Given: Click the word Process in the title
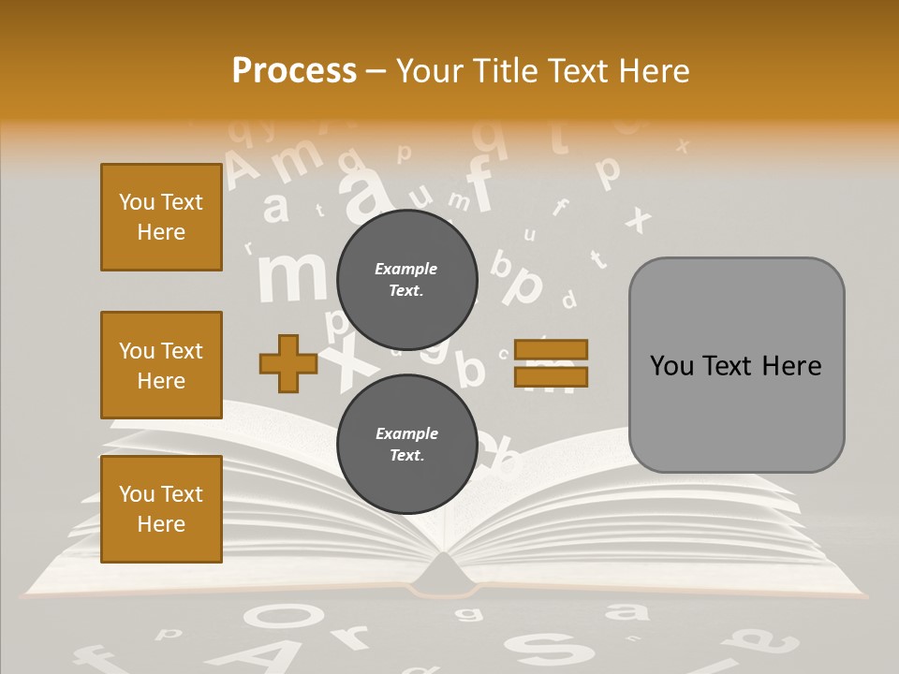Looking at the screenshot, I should [294, 70].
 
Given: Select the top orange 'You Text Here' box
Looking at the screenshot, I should [161, 217].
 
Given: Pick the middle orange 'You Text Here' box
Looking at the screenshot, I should [161, 365].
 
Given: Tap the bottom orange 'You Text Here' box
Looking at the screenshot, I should [161, 508].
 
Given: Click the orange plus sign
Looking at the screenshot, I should [288, 364].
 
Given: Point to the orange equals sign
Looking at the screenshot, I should [552, 364].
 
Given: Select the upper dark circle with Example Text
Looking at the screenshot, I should [406, 279].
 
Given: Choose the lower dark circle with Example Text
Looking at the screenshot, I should [406, 445].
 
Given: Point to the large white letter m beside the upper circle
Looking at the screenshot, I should [292, 276].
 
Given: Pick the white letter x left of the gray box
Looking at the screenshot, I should [639, 219].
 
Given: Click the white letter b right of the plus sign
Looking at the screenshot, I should [470, 369].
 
